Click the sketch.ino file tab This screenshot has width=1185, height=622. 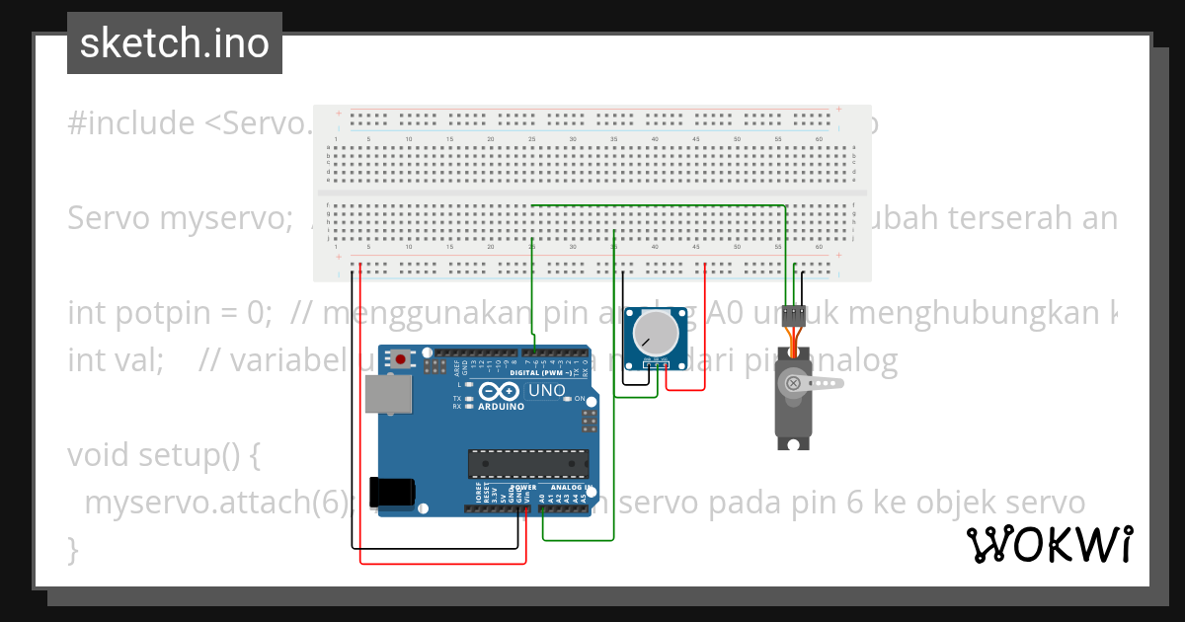click(175, 43)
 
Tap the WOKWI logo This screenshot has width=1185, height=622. click(1049, 544)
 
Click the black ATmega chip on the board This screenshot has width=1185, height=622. click(527, 464)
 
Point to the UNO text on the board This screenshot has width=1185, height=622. click(547, 391)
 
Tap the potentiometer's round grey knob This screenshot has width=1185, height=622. click(654, 333)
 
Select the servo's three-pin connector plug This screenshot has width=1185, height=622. click(792, 316)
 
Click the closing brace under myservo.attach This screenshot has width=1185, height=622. click(73, 549)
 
